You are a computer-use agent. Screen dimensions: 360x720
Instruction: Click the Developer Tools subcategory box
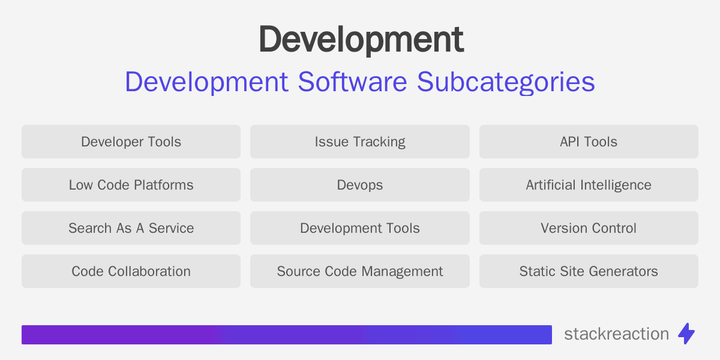[x=131, y=142]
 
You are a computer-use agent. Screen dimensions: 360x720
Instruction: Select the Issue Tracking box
[x=360, y=142]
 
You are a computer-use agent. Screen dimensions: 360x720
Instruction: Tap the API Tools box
[x=589, y=142]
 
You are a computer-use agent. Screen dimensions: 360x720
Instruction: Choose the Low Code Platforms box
[x=131, y=185]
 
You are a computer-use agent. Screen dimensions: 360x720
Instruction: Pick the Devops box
[x=360, y=185]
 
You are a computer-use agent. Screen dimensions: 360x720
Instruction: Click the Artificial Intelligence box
[x=589, y=185]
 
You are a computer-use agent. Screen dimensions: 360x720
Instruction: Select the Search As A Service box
[x=131, y=228]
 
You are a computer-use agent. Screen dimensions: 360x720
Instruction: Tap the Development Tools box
[x=360, y=228]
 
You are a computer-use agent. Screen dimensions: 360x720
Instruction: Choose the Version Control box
[x=589, y=228]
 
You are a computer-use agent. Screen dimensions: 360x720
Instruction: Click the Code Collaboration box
[x=131, y=271]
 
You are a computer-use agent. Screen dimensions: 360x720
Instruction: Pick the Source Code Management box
[x=360, y=271]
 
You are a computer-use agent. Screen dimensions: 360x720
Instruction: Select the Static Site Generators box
[x=589, y=271]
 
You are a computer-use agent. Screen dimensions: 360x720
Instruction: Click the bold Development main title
[x=361, y=41]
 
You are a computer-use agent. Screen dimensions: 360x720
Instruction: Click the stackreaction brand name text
[x=616, y=334]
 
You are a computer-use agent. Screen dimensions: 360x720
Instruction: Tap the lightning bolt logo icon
[x=686, y=334]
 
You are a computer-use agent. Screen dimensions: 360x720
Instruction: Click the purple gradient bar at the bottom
[x=286, y=335]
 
